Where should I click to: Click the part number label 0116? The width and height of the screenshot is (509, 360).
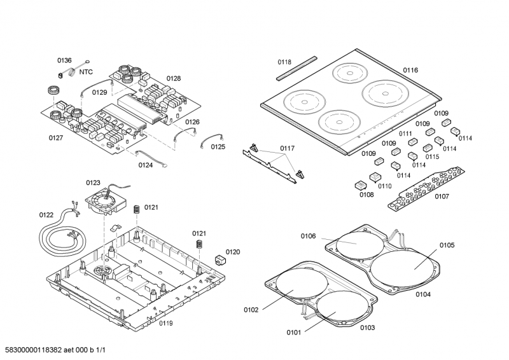point(410,70)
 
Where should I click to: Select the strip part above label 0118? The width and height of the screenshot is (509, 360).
point(296,67)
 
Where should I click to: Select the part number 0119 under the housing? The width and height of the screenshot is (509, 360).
point(166,323)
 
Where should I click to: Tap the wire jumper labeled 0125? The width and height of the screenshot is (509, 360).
point(212,139)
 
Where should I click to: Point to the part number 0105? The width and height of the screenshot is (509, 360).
point(447,245)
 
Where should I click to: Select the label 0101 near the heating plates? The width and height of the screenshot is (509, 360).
point(293,332)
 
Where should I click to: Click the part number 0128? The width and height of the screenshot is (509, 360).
point(174,79)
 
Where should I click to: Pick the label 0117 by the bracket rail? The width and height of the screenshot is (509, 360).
point(287,149)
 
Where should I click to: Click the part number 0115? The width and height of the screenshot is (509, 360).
point(432,156)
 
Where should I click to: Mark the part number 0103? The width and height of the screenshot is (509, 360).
point(367,328)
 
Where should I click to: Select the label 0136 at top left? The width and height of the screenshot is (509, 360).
point(64,60)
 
